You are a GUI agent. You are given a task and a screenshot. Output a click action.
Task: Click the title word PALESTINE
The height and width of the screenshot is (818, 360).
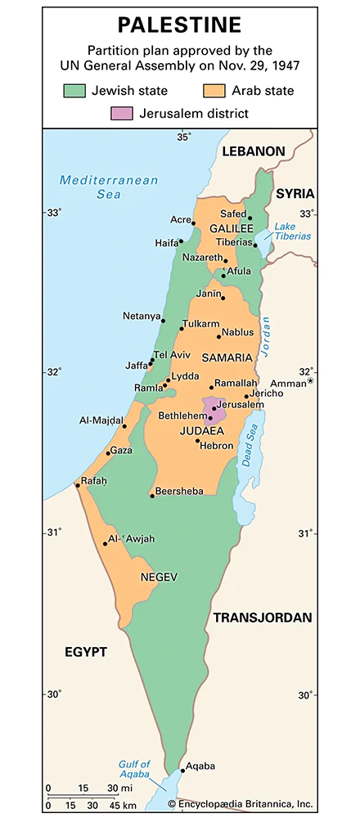point(179,25)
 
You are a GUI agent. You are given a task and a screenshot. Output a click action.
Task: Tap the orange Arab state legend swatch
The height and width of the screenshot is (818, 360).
point(218,91)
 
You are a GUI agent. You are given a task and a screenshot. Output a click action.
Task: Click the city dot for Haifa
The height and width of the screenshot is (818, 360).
point(181,242)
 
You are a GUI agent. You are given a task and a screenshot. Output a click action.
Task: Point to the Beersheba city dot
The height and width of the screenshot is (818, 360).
point(152,495)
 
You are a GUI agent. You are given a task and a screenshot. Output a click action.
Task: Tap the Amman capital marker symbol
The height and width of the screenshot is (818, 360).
point(310,382)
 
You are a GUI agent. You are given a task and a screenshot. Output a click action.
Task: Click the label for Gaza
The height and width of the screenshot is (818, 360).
point(121,451)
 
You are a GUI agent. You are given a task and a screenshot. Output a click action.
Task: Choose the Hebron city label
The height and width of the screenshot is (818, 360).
point(218,446)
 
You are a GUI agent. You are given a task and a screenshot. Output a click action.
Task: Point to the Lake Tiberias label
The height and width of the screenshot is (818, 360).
point(293,231)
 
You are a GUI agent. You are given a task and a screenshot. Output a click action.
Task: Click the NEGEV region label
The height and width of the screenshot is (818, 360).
point(159,577)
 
